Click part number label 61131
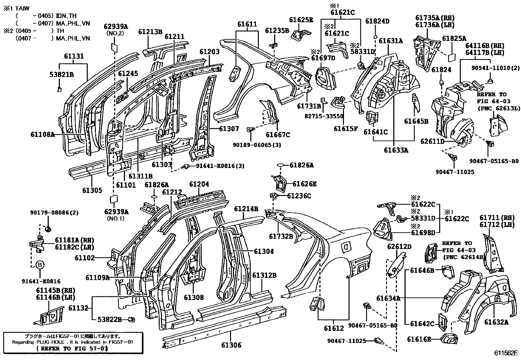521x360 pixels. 74,56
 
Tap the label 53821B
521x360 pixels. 62,75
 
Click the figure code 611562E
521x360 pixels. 506,353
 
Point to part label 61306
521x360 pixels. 231,345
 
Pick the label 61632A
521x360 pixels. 496,322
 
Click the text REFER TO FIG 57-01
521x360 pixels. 73,349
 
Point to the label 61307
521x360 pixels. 229,129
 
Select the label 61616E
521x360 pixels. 419,339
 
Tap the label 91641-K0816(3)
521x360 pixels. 220,166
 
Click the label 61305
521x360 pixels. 92,190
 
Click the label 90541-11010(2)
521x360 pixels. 495,68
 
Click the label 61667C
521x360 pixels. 278,135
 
